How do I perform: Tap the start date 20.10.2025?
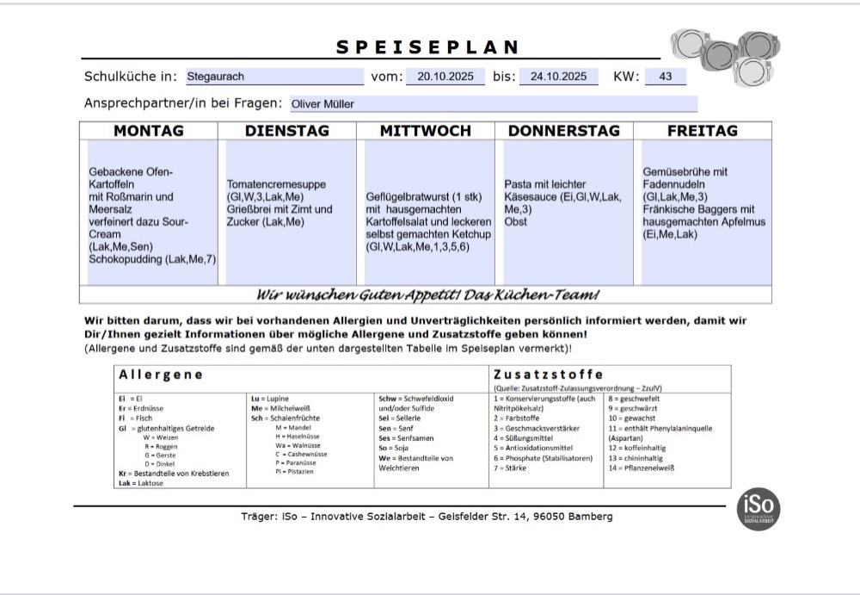[445, 77]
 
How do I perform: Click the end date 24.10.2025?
[559, 77]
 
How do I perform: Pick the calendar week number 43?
[665, 77]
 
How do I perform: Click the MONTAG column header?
[149, 131]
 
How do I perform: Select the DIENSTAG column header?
[288, 131]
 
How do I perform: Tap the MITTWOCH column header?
[426, 131]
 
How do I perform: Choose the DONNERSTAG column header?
[564, 131]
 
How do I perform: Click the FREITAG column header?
[703, 131]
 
